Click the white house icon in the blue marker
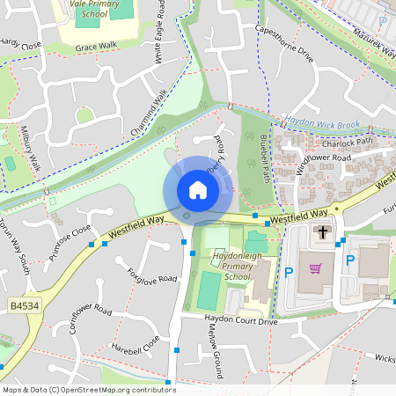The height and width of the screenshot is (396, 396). [x=198, y=190]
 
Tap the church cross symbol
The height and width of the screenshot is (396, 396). [x=323, y=233]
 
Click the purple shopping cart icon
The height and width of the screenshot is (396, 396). [x=316, y=268]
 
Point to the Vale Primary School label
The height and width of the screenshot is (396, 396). [x=88, y=8]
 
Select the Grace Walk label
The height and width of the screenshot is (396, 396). [x=96, y=47]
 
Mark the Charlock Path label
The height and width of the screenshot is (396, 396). [x=348, y=141]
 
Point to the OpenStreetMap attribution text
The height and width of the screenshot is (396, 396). [x=89, y=390]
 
